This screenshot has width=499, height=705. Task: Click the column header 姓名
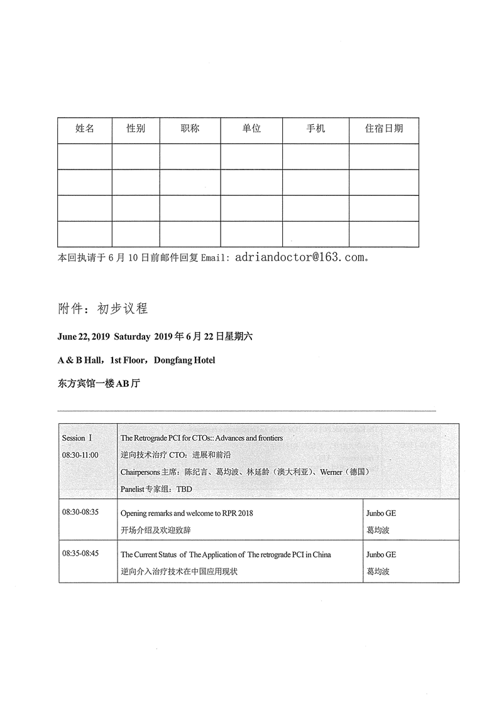tap(85, 129)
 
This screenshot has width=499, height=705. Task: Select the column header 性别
tap(136, 129)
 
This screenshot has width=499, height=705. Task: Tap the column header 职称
tap(190, 129)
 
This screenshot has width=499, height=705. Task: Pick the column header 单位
tap(251, 129)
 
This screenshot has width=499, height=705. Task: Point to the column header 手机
tap(315, 129)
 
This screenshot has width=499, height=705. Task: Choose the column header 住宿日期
tap(384, 129)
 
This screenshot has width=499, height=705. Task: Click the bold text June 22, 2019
tap(84, 336)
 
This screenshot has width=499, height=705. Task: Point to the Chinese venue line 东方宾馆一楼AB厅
tap(98, 383)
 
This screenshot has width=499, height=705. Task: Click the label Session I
tap(77, 438)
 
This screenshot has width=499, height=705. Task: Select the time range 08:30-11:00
tap(80, 455)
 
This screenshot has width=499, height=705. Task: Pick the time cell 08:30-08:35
tap(80, 512)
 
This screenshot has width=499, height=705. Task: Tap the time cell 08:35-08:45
tap(80, 554)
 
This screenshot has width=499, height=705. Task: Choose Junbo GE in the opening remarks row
tap(381, 513)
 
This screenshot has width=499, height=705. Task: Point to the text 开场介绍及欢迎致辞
tap(156, 530)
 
